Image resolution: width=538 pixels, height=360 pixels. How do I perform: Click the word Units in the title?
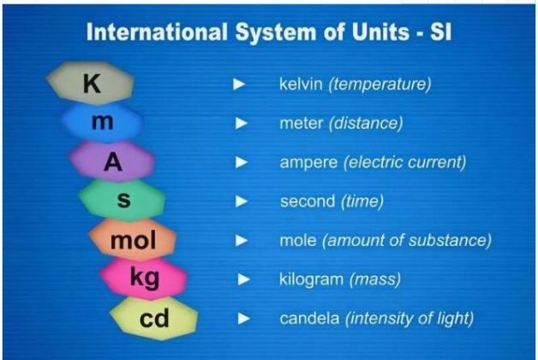click(380, 32)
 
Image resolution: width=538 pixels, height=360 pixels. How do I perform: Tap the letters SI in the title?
click(440, 32)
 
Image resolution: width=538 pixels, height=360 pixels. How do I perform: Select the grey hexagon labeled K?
click(90, 83)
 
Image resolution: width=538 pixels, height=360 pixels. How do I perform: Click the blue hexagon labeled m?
click(102, 122)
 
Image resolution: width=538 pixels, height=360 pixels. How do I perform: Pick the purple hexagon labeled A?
click(112, 161)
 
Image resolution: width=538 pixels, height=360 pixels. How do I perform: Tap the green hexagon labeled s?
click(123, 200)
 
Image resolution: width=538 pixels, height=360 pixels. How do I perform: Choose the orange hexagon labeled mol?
click(133, 239)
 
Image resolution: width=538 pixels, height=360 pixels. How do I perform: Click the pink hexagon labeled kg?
click(143, 279)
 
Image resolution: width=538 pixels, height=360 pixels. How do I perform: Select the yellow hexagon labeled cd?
click(154, 318)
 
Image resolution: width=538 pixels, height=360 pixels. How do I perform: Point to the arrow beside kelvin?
click(239, 84)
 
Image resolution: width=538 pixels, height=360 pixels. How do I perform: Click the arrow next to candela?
click(243, 319)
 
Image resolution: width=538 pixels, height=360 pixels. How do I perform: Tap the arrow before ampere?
click(242, 162)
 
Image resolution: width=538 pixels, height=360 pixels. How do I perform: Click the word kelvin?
click(301, 84)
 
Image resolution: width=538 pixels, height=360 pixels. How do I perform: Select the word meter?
click(302, 123)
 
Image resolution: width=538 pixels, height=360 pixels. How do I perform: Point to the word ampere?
click(308, 163)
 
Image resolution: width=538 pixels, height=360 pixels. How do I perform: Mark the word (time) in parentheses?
click(362, 201)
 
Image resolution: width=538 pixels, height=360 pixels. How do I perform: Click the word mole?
click(298, 240)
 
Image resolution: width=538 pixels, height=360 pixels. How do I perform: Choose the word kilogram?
click(311, 280)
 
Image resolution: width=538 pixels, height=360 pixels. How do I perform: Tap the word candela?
click(309, 318)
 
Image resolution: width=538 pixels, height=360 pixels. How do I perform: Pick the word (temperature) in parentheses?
click(380, 84)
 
